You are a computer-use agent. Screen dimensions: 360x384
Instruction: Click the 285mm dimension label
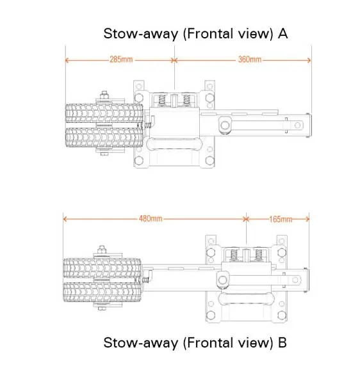click(x=121, y=60)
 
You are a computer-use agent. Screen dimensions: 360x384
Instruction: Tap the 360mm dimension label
click(x=249, y=60)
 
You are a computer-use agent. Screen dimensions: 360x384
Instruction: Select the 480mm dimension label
click(x=151, y=218)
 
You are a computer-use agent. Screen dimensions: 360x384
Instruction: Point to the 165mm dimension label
click(x=281, y=219)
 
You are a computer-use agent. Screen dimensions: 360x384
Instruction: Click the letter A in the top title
click(x=282, y=34)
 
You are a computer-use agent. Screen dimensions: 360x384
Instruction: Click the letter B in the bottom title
click(x=282, y=342)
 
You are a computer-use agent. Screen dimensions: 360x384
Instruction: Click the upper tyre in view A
click(x=104, y=113)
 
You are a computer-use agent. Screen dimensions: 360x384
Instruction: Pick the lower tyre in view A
click(x=104, y=138)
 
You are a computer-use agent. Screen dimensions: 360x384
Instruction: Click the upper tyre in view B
click(x=102, y=268)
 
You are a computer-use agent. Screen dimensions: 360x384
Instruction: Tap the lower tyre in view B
click(x=102, y=292)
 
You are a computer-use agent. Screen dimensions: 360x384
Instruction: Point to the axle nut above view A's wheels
click(x=104, y=95)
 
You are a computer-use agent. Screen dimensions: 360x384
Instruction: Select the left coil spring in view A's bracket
click(x=162, y=100)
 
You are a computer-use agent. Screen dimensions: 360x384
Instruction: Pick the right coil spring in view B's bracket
click(x=258, y=255)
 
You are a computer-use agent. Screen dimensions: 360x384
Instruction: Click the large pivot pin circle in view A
click(x=224, y=125)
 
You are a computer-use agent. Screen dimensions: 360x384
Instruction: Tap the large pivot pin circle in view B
click(x=223, y=280)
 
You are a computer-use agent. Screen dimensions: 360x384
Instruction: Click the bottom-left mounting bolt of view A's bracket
click(x=139, y=161)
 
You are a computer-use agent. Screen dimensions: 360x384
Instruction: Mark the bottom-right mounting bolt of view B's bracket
click(x=282, y=315)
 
